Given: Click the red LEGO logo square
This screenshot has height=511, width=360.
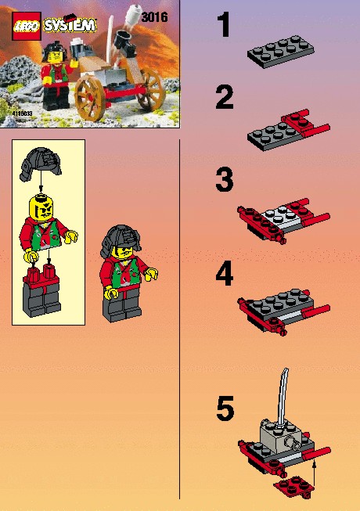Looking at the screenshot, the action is click(x=27, y=26).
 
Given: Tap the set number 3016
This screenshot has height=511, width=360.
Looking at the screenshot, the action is click(x=155, y=17).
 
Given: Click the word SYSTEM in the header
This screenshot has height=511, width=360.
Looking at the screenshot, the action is click(x=70, y=25).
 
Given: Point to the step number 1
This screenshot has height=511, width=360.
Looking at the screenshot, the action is click(x=224, y=24).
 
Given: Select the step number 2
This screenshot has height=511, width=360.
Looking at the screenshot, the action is click(x=225, y=97).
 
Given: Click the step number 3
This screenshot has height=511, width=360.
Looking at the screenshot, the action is click(x=225, y=179).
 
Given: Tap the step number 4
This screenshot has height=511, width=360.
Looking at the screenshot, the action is click(x=225, y=273).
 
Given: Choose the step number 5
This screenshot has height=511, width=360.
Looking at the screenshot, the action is click(x=225, y=408).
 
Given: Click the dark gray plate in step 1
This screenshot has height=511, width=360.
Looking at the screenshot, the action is click(x=280, y=51).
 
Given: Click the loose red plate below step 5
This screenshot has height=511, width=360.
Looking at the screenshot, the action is click(x=294, y=486).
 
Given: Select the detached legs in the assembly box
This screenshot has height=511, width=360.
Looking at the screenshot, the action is click(x=41, y=291).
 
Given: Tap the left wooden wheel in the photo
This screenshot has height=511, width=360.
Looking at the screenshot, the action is click(x=90, y=99).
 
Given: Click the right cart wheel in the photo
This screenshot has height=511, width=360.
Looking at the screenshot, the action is click(x=152, y=89).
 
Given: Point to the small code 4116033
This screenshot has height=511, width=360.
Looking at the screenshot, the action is click(x=22, y=113).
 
